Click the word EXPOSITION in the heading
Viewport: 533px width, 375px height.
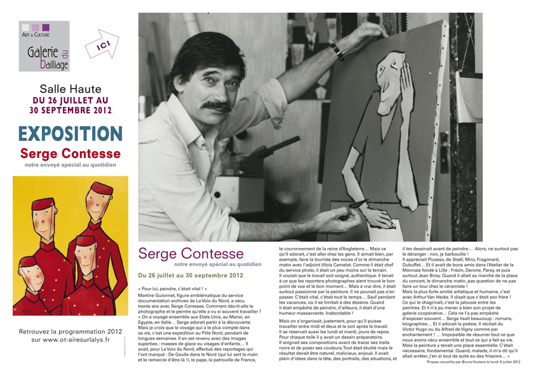pos(70,134)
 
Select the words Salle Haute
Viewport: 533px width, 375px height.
pos(70,89)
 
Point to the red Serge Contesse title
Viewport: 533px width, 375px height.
pos(70,154)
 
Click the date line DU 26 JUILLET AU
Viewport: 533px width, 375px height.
pos(70,100)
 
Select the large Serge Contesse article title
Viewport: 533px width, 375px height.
pos(191,253)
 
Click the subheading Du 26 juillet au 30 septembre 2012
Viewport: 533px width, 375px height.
pos(191,275)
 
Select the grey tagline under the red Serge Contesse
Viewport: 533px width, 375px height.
pos(70,164)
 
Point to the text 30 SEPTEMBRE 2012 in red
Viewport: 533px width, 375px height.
pos(70,110)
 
